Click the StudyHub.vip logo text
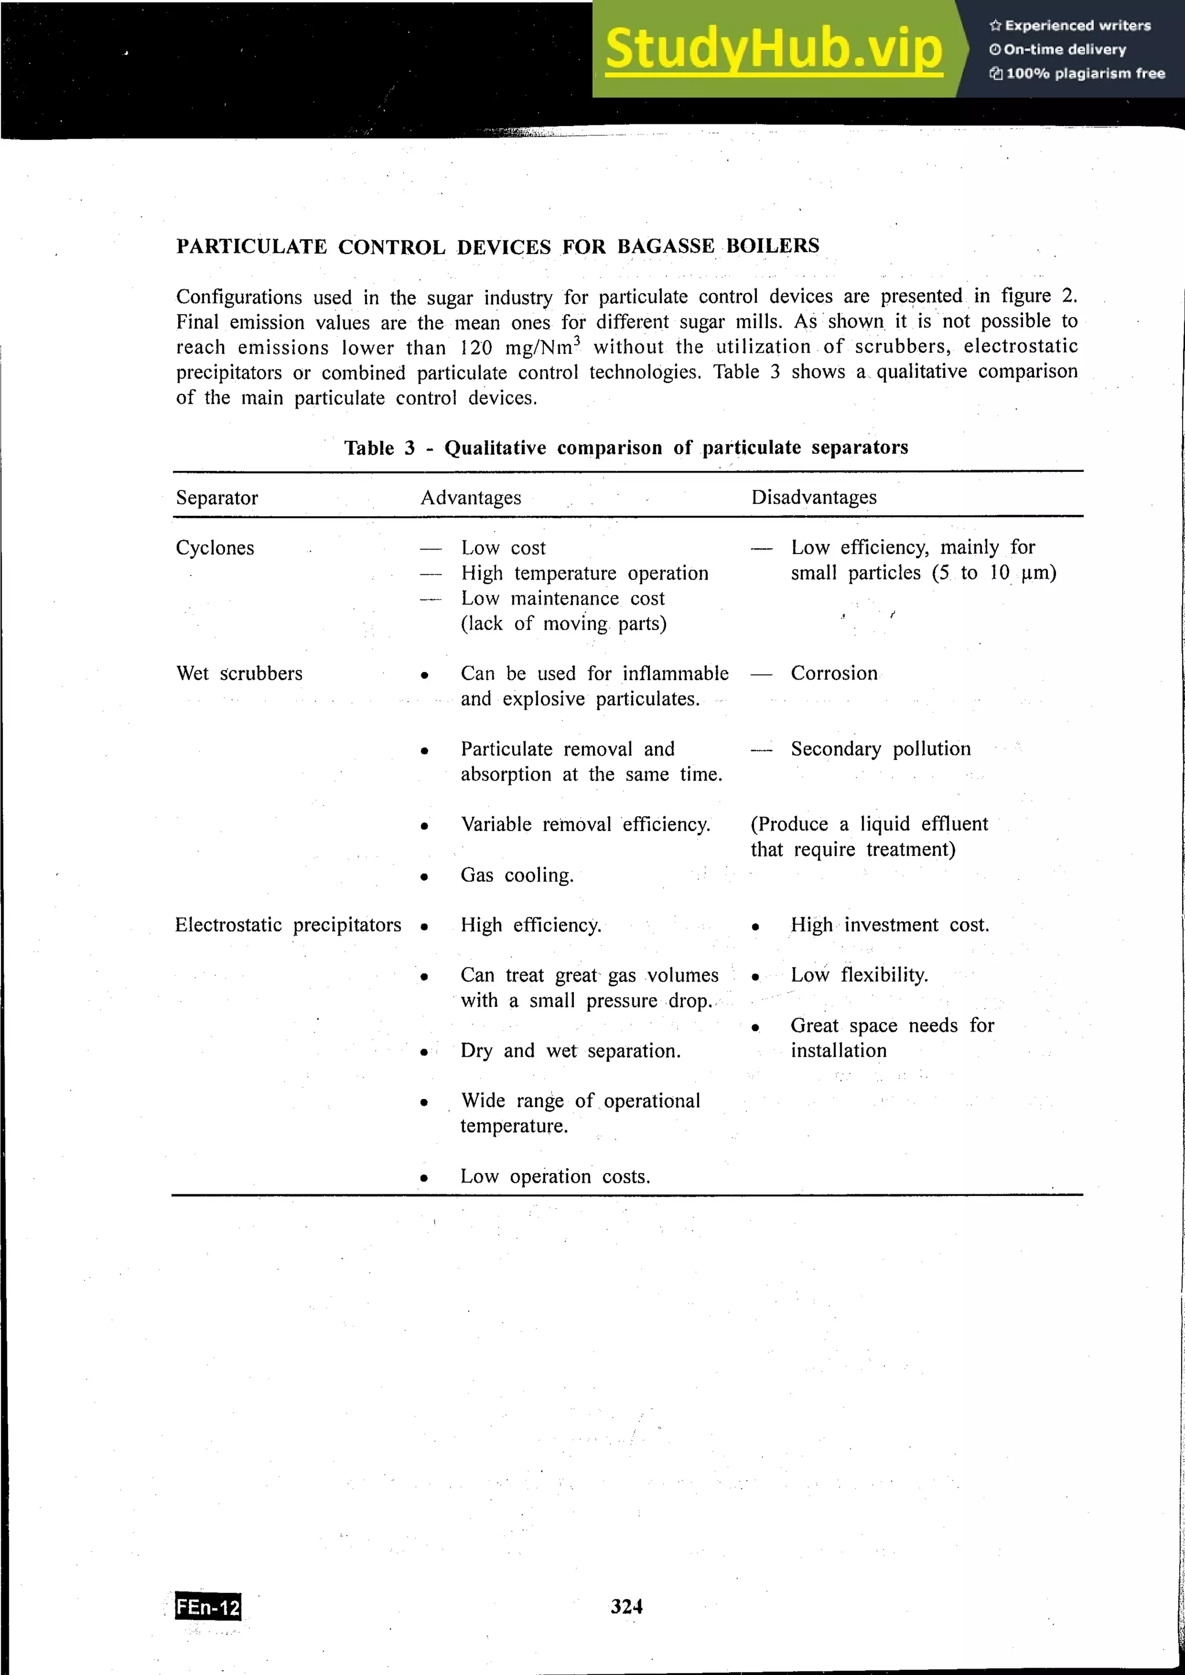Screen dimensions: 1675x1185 (x=774, y=50)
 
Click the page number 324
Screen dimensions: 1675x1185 (x=627, y=1606)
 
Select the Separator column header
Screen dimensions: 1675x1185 (x=217, y=497)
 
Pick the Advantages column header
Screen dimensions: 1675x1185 (x=470, y=497)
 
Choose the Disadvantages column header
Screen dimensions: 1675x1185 (x=814, y=497)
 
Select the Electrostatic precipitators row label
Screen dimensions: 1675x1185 (x=288, y=925)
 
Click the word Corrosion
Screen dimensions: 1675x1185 (x=834, y=673)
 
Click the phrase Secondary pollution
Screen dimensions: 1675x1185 (x=881, y=748)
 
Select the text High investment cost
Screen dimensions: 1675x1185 (x=889, y=925)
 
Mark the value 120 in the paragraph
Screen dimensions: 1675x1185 (x=476, y=348)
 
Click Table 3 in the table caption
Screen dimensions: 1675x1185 (x=380, y=448)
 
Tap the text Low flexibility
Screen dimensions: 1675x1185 (x=859, y=975)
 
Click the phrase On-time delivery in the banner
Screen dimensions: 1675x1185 (x=1065, y=50)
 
